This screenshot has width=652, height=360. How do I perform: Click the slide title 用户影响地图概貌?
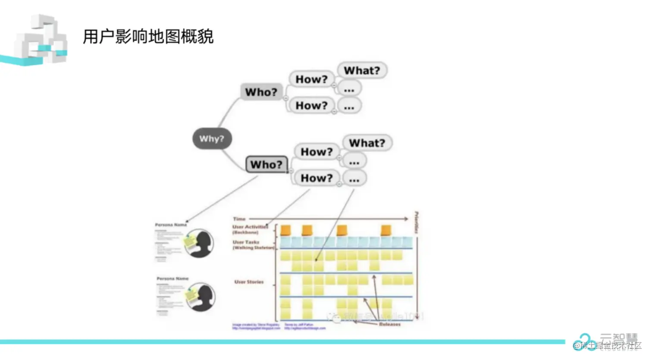coord(148,37)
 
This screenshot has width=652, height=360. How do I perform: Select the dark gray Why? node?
coord(212,139)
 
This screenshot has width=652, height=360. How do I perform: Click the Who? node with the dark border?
coord(266,164)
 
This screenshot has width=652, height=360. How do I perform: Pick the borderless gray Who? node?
coord(261,92)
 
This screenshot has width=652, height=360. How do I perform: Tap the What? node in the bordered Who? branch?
coord(367,143)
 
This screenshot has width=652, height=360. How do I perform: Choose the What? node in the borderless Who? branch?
coord(362,70)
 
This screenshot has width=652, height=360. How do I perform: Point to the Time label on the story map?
coord(239,219)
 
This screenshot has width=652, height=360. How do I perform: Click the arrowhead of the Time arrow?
coord(406,219)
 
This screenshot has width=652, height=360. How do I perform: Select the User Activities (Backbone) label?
coord(250,229)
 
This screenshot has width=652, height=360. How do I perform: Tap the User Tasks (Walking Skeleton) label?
coord(253,245)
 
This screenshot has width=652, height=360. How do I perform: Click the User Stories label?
coord(249,282)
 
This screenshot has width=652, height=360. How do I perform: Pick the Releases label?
coord(389,324)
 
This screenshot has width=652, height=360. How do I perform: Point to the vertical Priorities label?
coord(417,222)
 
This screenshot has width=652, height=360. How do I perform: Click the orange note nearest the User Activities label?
coord(285,230)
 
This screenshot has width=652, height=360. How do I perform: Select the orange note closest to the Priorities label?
coord(386,230)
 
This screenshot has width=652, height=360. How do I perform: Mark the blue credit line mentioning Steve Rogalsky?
coord(256,326)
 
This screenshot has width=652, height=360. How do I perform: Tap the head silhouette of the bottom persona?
coord(201,296)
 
